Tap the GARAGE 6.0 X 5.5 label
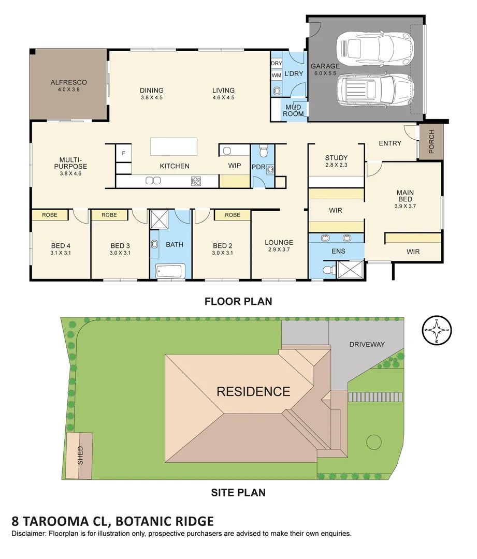coord(325,69)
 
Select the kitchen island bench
coord(174,146)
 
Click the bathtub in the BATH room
coord(170,271)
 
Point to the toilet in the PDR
coord(263,152)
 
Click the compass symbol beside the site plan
coord(438,330)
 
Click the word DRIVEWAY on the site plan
coord(367,344)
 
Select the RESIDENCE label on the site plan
coord(253,391)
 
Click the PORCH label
coord(431,141)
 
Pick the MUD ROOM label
coord(293,110)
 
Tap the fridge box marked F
coord(123,153)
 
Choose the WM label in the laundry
coord(276,75)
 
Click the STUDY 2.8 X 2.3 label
coord(336,161)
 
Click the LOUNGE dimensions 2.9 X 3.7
coord(279,249)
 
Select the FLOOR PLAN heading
coord(238,301)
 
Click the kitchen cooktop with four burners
coord(196,181)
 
